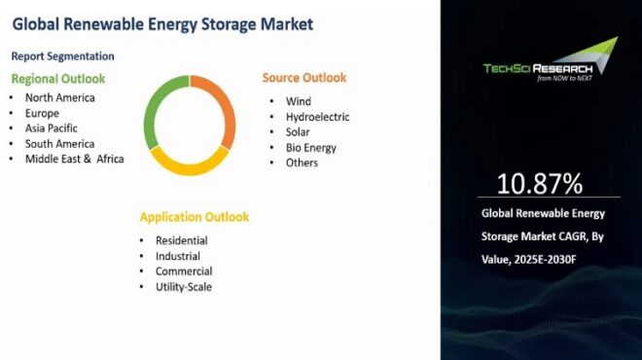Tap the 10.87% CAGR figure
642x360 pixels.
[540, 184]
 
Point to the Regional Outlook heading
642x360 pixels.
[57, 78]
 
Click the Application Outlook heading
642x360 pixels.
[194, 217]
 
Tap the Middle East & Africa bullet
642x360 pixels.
[74, 160]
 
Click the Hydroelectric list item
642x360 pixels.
[317, 117]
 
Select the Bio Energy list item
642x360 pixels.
[310, 148]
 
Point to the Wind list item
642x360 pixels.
[298, 101]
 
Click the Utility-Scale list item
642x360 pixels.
[183, 287]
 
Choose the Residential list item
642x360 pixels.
[181, 240]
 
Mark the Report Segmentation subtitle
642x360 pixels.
[63, 56]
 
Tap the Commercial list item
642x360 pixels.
[183, 271]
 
